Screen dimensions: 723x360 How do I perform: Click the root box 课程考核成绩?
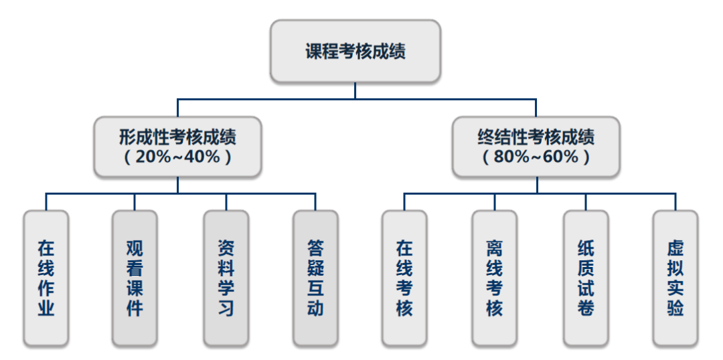[x=355, y=51]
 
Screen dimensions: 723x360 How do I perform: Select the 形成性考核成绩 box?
[x=177, y=147]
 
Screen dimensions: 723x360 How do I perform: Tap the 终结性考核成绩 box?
[x=536, y=147]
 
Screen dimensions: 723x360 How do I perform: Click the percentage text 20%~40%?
[x=177, y=157]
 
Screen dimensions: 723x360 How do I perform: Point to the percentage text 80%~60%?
[x=536, y=157]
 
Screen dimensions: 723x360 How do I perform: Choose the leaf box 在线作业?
[x=46, y=278]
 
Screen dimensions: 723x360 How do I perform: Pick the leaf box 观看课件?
[x=135, y=278]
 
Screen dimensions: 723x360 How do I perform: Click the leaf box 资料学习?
[x=226, y=278]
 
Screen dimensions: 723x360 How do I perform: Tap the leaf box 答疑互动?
[x=315, y=278]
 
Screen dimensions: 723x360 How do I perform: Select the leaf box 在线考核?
[x=404, y=278]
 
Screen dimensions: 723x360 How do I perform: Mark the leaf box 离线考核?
[x=494, y=278]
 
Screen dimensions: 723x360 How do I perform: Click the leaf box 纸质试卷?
[x=586, y=278]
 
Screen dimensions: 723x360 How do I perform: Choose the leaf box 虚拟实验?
[x=675, y=278]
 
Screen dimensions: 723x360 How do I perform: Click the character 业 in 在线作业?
[x=46, y=308]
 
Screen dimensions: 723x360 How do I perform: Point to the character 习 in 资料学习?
[x=226, y=308]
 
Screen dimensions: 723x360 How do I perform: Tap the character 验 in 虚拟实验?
[x=675, y=308]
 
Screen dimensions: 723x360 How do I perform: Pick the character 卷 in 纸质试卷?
[x=586, y=308]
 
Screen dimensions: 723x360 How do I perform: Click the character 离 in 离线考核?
[x=494, y=248]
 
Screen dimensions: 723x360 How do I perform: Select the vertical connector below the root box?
[x=355, y=91]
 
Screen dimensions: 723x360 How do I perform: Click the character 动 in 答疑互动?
[x=315, y=308]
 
